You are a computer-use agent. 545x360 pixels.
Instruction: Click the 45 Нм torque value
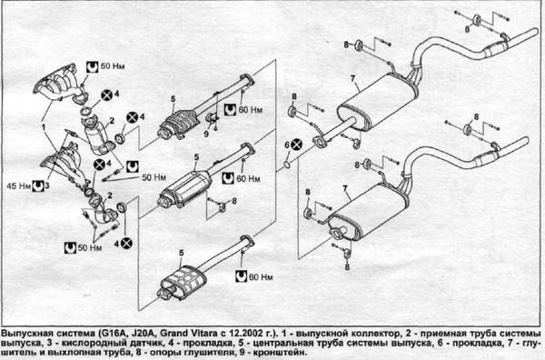coord(19,186)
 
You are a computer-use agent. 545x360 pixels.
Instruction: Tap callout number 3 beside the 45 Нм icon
coord(47,185)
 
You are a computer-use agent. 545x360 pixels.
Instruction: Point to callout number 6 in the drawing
coord(287,145)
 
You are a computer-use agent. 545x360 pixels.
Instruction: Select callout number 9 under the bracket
coord(206,134)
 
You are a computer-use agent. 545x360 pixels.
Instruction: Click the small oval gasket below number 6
coord(287,164)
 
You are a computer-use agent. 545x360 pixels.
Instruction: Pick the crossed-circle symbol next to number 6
coord(296,145)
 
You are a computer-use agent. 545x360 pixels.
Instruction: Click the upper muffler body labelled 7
coord(377,103)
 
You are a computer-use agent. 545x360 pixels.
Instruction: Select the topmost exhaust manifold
coord(60,84)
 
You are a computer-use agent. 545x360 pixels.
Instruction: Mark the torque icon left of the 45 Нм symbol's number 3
coord(37,186)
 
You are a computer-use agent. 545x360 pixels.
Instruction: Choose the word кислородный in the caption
coord(79,344)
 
